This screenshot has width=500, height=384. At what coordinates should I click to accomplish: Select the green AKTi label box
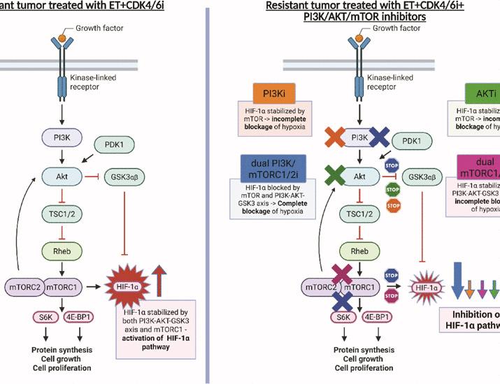tap(483, 93)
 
